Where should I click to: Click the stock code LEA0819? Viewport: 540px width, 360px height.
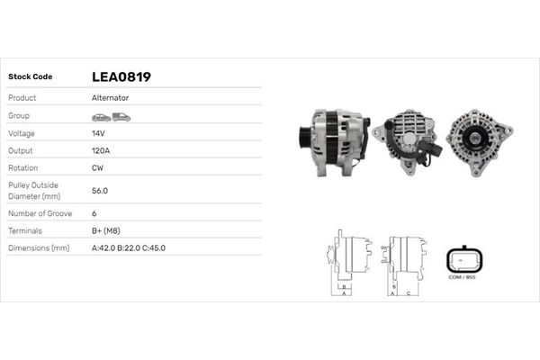pos(121,76)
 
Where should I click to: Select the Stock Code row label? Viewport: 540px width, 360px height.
pos(31,76)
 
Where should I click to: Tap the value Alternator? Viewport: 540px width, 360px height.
pos(110,98)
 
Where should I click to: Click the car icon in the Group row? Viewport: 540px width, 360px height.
pos(101,118)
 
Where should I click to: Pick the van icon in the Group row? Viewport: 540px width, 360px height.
pos(121,117)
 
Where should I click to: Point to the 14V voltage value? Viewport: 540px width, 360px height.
pos(98,133)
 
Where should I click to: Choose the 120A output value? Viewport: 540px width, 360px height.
pos(101,150)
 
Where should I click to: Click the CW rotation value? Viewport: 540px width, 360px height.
pos(97,167)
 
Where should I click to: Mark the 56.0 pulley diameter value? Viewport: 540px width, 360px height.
pos(100,191)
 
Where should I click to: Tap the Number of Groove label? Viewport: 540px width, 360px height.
pos(40,213)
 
